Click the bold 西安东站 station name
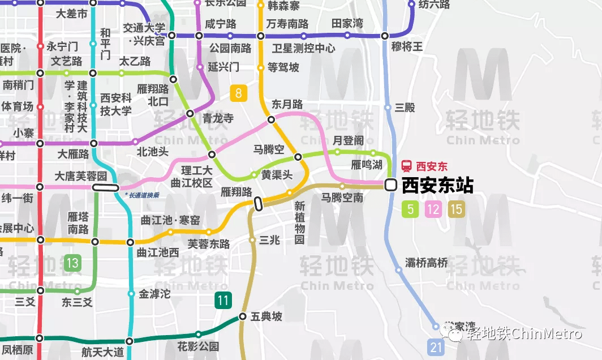pyautogui.click(x=437, y=186)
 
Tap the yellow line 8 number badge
pyautogui.click(x=239, y=93)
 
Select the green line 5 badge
pyautogui.click(x=410, y=209)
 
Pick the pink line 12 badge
pyautogui.click(x=433, y=209)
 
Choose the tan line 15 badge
pyautogui.click(x=457, y=209)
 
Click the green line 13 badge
pyautogui.click(x=72, y=263)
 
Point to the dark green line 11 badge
pyautogui.click(x=223, y=300)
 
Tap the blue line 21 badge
pyautogui.click(x=436, y=347)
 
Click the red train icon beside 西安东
pyautogui.click(x=406, y=166)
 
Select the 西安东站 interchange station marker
pyautogui.click(x=390, y=185)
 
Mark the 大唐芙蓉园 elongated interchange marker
pyautogui.click(x=106, y=187)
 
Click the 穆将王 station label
pyautogui.click(x=407, y=46)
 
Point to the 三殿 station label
pyautogui.click(x=405, y=108)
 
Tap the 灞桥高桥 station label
pyautogui.click(x=427, y=263)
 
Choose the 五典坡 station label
pyautogui.click(x=266, y=317)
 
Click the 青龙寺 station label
pyautogui.click(x=218, y=118)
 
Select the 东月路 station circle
pyautogui.click(x=271, y=119)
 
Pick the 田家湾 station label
pyautogui.click(x=347, y=23)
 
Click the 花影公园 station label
pyautogui.click(x=198, y=346)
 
